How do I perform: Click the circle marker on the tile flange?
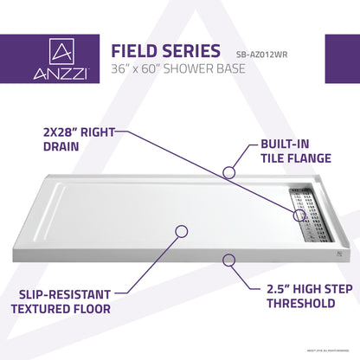pos(228,172)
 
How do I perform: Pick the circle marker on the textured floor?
pos(181,231)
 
